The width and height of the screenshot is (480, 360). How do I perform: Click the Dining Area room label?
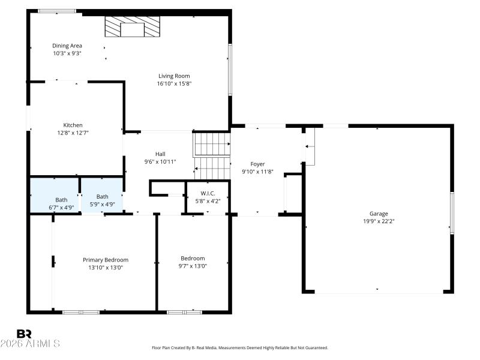coord(67,46)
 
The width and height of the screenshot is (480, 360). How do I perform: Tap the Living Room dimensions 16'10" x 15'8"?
coord(174,83)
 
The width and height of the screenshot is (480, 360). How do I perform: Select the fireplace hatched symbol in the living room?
coord(133,27)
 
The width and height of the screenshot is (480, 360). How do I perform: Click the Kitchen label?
coord(73,125)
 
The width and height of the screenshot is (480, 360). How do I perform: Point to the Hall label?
coord(160,154)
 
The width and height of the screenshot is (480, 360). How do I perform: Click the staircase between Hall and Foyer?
coord(211,154)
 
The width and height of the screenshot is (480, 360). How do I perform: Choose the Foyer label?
coord(257,164)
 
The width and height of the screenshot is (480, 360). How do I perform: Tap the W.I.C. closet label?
coord(208,193)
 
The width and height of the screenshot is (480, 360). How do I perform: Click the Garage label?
coord(379,214)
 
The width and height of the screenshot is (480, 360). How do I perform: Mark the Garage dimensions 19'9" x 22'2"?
coord(379,221)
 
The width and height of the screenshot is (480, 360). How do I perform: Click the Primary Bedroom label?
coord(106,260)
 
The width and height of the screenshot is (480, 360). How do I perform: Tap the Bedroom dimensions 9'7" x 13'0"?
coord(193,266)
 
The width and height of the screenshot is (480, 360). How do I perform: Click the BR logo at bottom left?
coord(24,334)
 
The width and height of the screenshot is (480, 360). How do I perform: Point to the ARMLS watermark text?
coord(30,344)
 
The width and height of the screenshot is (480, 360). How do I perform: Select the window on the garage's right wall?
coord(452,212)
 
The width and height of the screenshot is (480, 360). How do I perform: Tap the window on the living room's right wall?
coord(230,69)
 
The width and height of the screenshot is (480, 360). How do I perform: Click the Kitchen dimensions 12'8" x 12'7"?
coord(73,133)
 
